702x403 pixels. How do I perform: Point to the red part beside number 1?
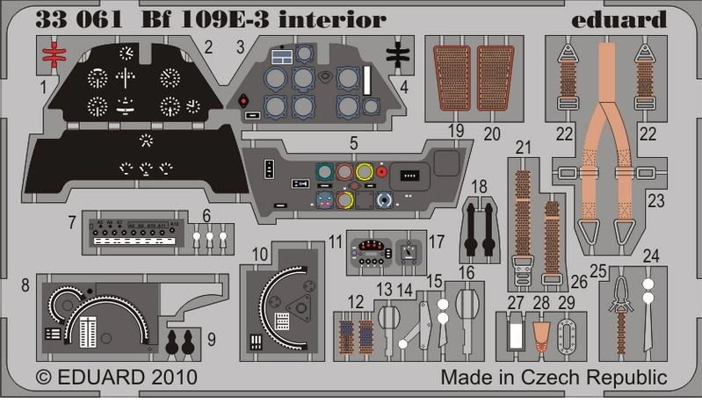point(54,55)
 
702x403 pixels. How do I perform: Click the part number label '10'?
point(260,255)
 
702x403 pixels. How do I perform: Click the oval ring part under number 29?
point(568,336)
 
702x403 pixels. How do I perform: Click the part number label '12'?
point(355,301)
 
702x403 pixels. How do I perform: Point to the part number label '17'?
point(437,239)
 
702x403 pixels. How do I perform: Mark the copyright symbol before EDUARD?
point(43,378)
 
